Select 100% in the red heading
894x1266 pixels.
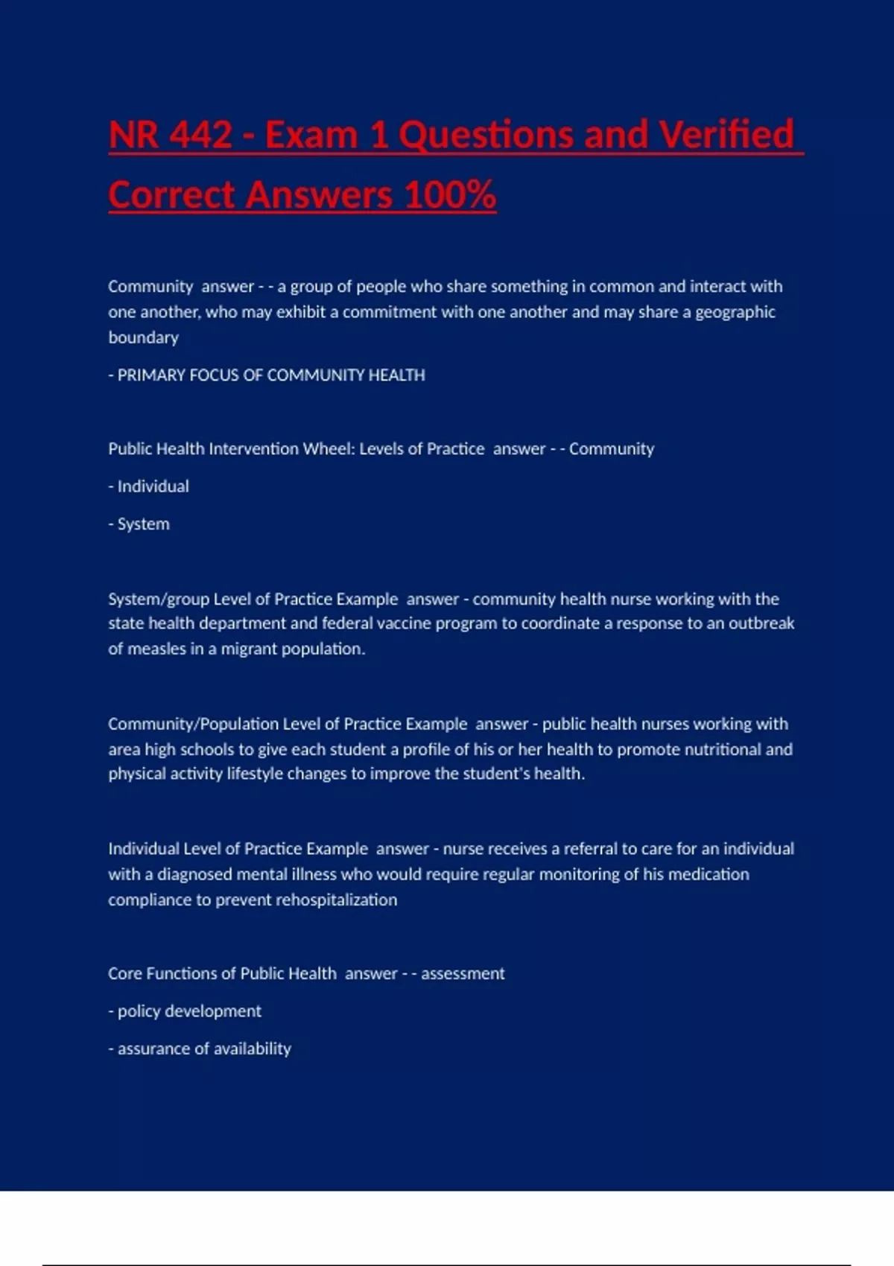[x=450, y=195]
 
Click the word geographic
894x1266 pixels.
[x=735, y=312]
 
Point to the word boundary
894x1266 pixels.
[x=143, y=337]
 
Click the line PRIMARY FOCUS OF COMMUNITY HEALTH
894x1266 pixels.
[x=267, y=375]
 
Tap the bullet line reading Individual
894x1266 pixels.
[x=149, y=486]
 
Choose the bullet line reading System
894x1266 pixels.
[x=139, y=524]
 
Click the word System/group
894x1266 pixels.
[x=158, y=599]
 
